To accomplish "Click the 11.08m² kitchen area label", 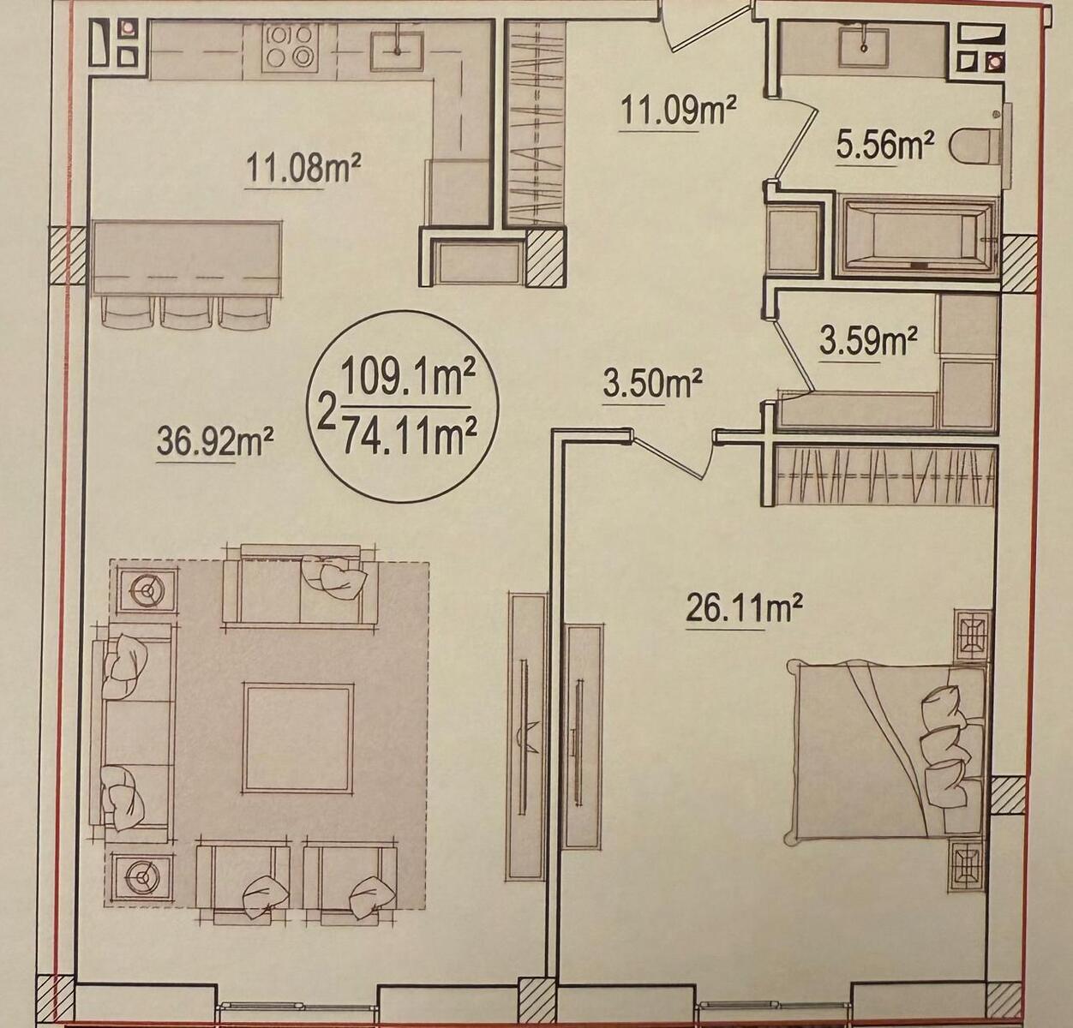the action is [x=302, y=168].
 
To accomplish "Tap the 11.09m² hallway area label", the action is [x=678, y=111].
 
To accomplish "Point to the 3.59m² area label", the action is [x=868, y=342].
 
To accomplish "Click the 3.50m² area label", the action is [x=651, y=384].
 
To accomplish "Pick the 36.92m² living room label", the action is [x=216, y=443].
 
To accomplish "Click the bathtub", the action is [x=916, y=237].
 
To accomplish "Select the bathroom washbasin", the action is [x=864, y=47].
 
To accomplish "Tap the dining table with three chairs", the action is [x=188, y=257].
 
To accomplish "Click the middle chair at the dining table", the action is [x=187, y=313].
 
